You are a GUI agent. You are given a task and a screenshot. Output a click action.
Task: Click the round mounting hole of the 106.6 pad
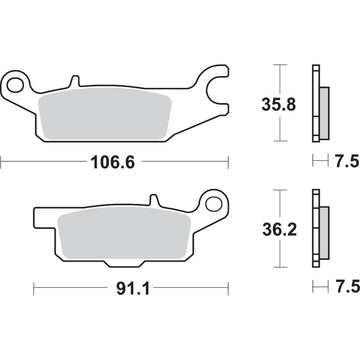[x=17, y=81]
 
